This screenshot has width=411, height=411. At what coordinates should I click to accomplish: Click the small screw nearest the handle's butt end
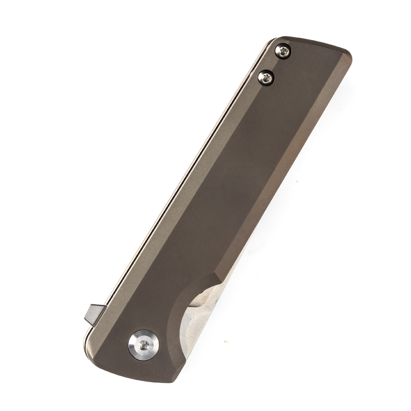pyautogui.click(x=283, y=50)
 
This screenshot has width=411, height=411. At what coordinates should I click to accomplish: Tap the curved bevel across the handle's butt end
pyautogui.click(x=319, y=47)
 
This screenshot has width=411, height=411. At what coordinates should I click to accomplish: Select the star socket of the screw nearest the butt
pyautogui.click(x=283, y=50)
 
